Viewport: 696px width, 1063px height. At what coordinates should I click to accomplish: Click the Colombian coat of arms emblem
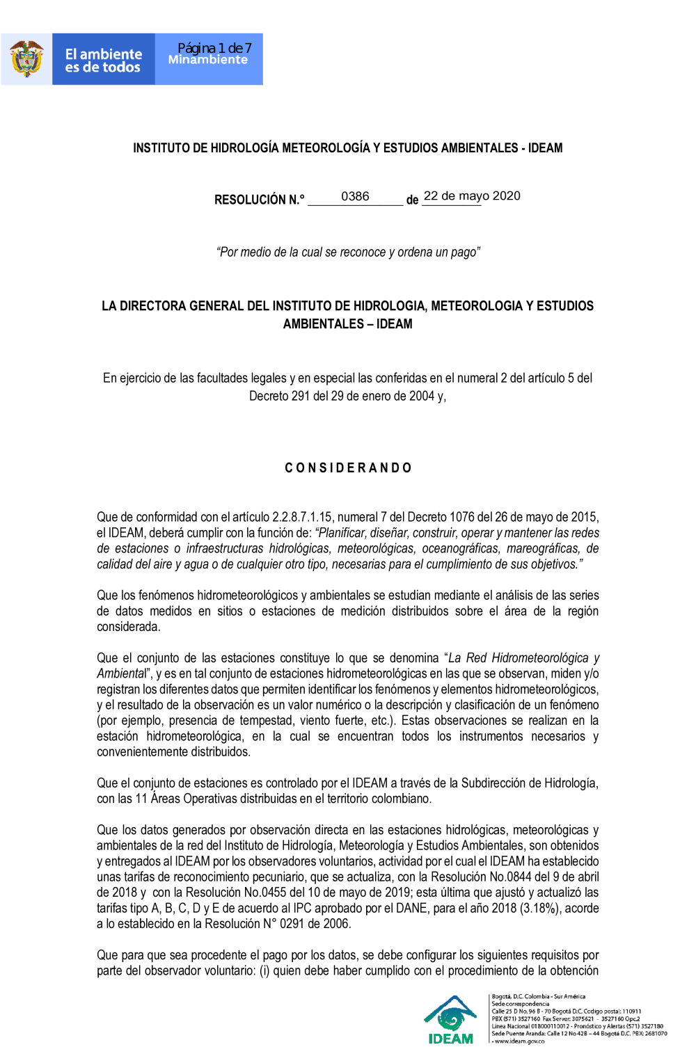(x=26, y=59)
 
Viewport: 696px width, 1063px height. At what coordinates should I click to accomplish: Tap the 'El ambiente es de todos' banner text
(x=103, y=61)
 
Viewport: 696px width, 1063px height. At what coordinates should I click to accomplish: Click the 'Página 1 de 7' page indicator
(x=214, y=48)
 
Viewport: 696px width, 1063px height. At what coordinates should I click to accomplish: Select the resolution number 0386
(x=355, y=197)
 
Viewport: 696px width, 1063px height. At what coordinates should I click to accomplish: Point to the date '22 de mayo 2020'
(x=472, y=196)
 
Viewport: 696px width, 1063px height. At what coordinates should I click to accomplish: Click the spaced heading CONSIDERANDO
(x=348, y=468)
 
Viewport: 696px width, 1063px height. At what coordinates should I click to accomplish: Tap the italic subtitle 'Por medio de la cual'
(x=348, y=253)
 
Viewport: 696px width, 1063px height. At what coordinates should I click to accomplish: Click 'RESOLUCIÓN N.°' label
(x=259, y=200)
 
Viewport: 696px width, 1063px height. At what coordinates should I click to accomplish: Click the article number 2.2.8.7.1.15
(x=302, y=518)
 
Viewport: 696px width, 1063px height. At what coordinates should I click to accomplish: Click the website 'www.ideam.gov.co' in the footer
(x=519, y=1041)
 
